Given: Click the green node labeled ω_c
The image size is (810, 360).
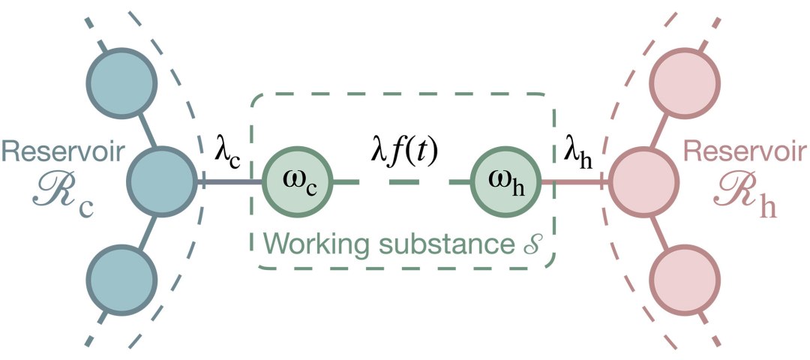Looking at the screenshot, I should pyautogui.click(x=297, y=182).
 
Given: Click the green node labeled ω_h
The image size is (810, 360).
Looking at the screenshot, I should pyautogui.click(x=505, y=182).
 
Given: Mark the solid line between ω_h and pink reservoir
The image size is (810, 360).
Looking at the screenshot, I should pyautogui.click(x=574, y=182).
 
